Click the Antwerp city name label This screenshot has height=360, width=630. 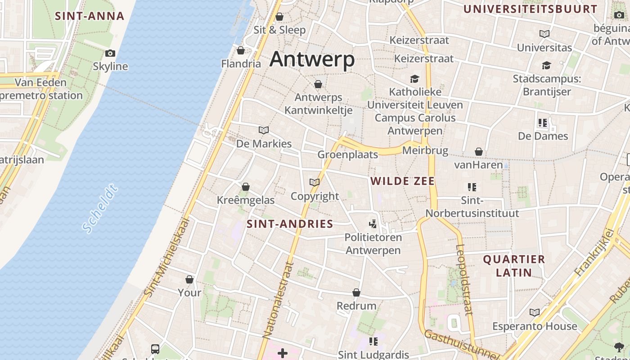tap(312, 59)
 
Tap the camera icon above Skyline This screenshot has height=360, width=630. tap(110, 53)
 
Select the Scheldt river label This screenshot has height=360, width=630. tap(100, 208)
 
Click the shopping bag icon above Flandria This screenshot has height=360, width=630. tap(241, 50)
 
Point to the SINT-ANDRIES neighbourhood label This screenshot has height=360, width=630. tap(290, 224)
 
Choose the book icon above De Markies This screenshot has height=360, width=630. tap(264, 130)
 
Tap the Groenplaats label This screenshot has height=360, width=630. tap(347, 154)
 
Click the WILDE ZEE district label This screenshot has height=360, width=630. tap(402, 181)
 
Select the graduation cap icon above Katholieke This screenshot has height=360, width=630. tap(414, 79)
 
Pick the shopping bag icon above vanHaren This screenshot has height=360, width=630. tap(479, 152)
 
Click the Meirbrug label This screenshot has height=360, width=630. tap(425, 150)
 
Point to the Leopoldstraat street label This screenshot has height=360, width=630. tap(464, 279)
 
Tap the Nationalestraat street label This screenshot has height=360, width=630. tap(278, 300)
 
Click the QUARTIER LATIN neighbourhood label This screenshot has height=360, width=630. tap(513, 265)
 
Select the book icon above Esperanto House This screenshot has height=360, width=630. tap(535, 312)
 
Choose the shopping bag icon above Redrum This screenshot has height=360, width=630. tap(356, 292)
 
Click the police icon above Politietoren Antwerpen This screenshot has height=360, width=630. tap(373, 223)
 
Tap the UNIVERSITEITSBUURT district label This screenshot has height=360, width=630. tap(530, 9)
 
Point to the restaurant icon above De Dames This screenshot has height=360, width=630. tap(543, 122)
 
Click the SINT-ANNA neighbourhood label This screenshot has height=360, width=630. tap(89, 16)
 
